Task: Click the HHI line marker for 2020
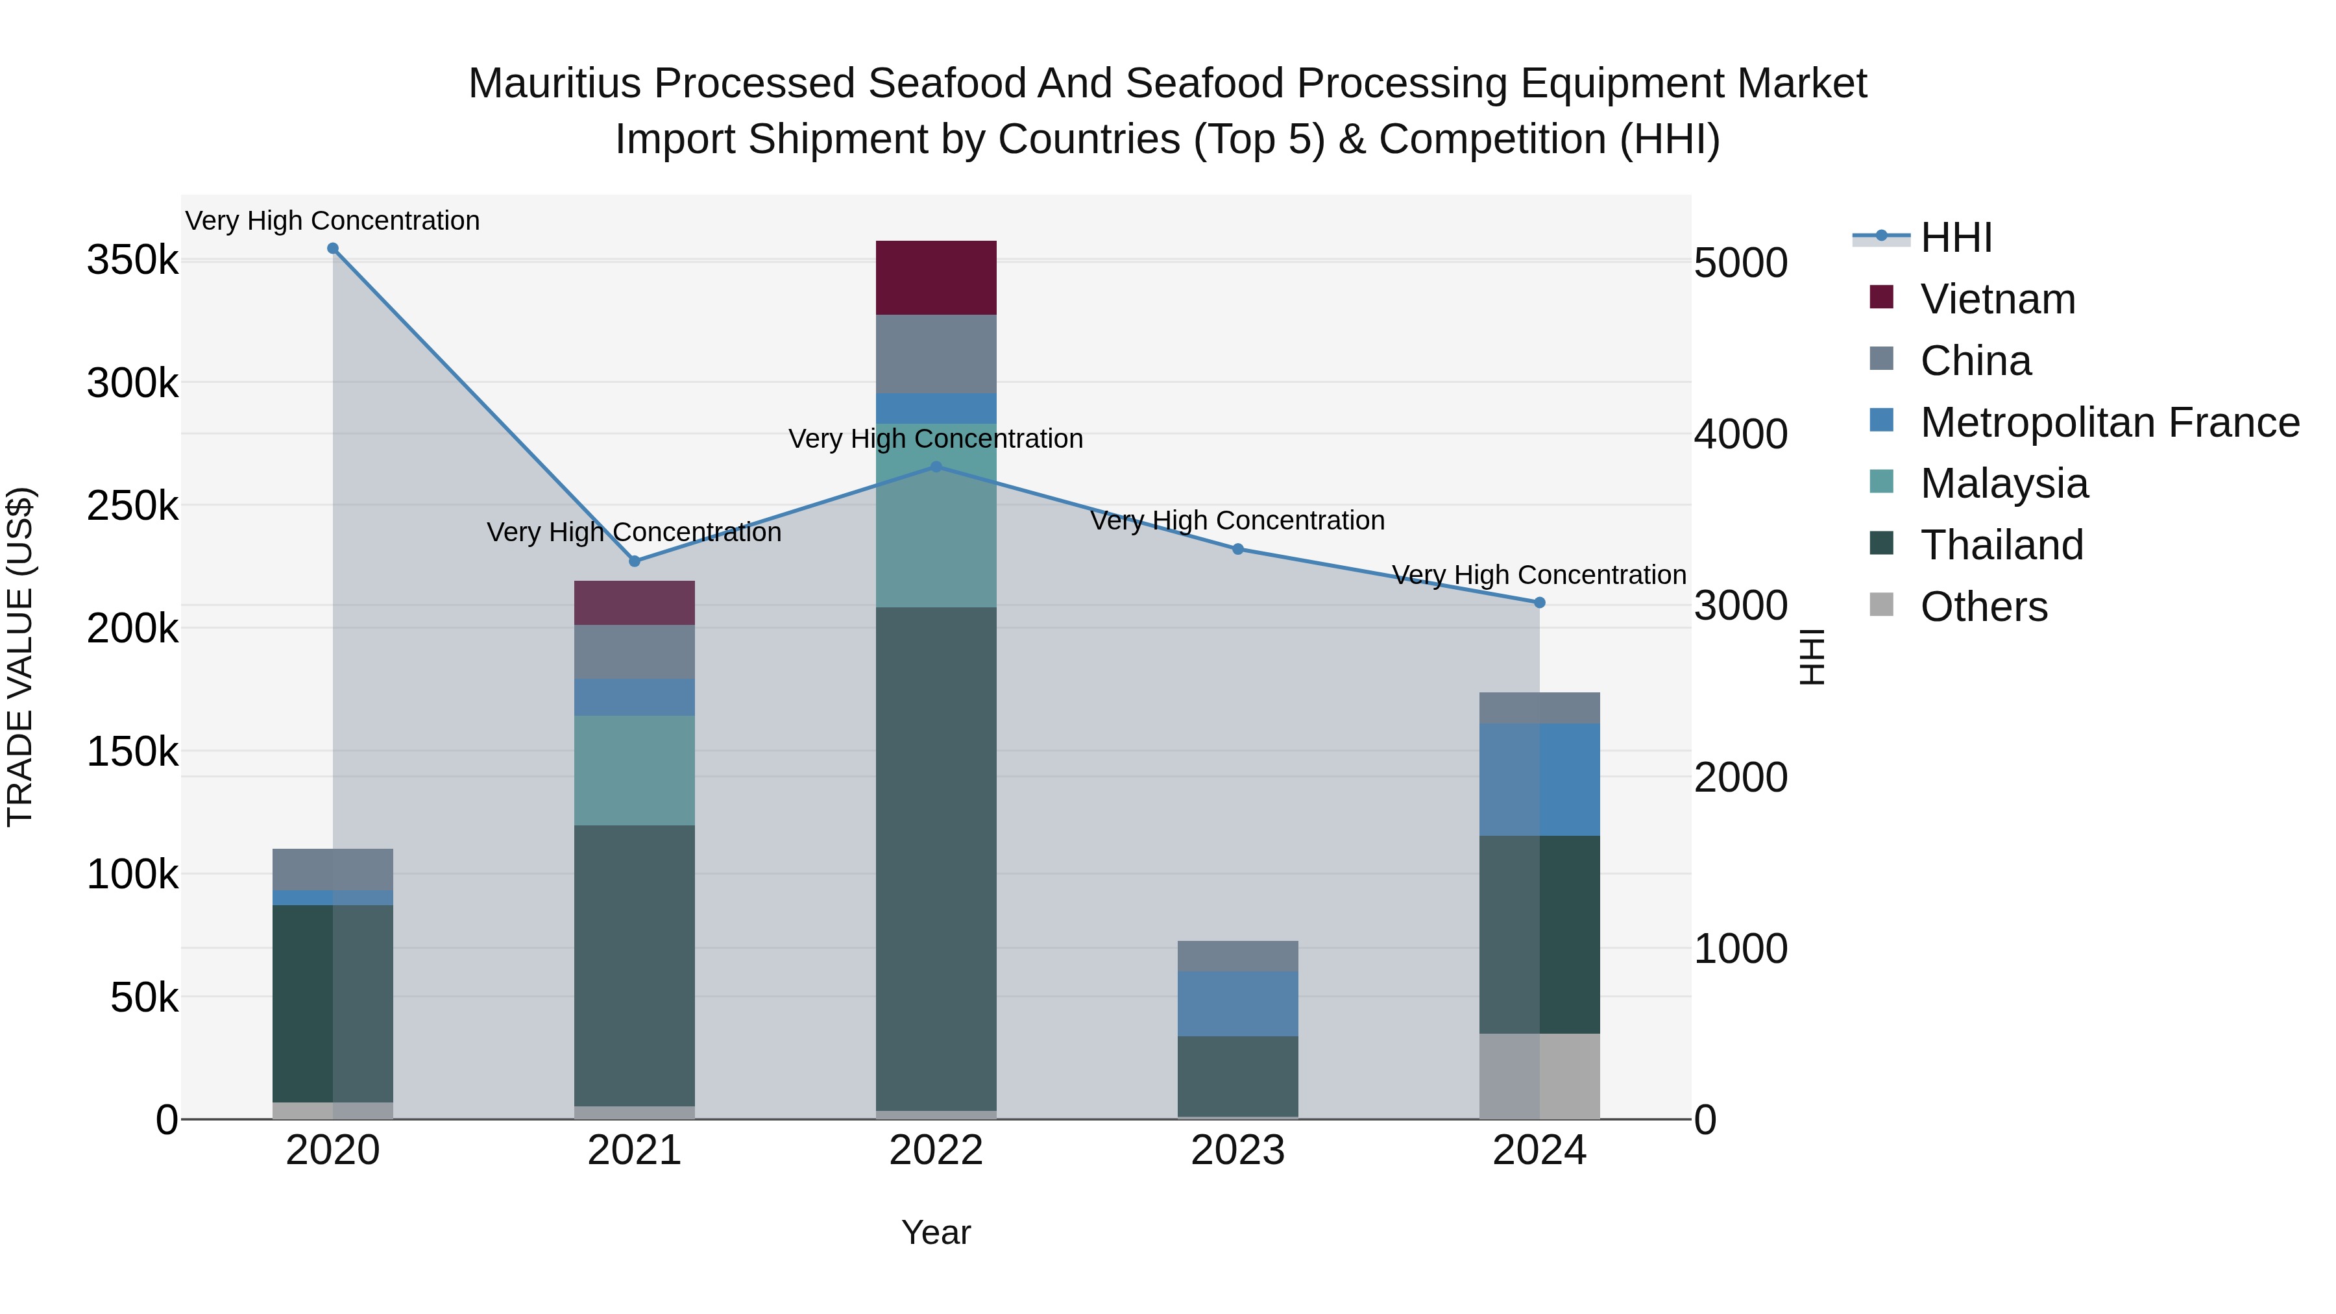[333, 249]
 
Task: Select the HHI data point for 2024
[1540, 602]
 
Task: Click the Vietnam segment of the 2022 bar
[936, 278]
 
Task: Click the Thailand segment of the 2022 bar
[936, 858]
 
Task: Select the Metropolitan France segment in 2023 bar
[1238, 1003]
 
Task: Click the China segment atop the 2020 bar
[333, 869]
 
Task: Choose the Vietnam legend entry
[1998, 299]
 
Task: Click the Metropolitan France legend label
[2110, 422]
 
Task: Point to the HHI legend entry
[1956, 237]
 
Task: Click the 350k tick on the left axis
[132, 261]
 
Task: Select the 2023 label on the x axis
[1238, 1150]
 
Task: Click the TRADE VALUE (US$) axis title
[20, 657]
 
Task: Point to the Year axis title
[936, 1232]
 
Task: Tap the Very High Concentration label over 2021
[634, 532]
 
